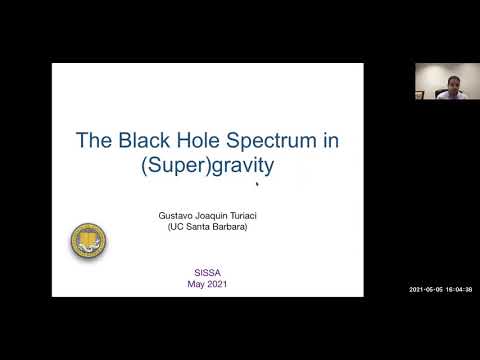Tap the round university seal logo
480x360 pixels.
coord(88,240)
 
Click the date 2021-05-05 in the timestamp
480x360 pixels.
coord(430,290)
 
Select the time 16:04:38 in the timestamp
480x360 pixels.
coord(459,290)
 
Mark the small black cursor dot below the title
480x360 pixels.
coord(257,184)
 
